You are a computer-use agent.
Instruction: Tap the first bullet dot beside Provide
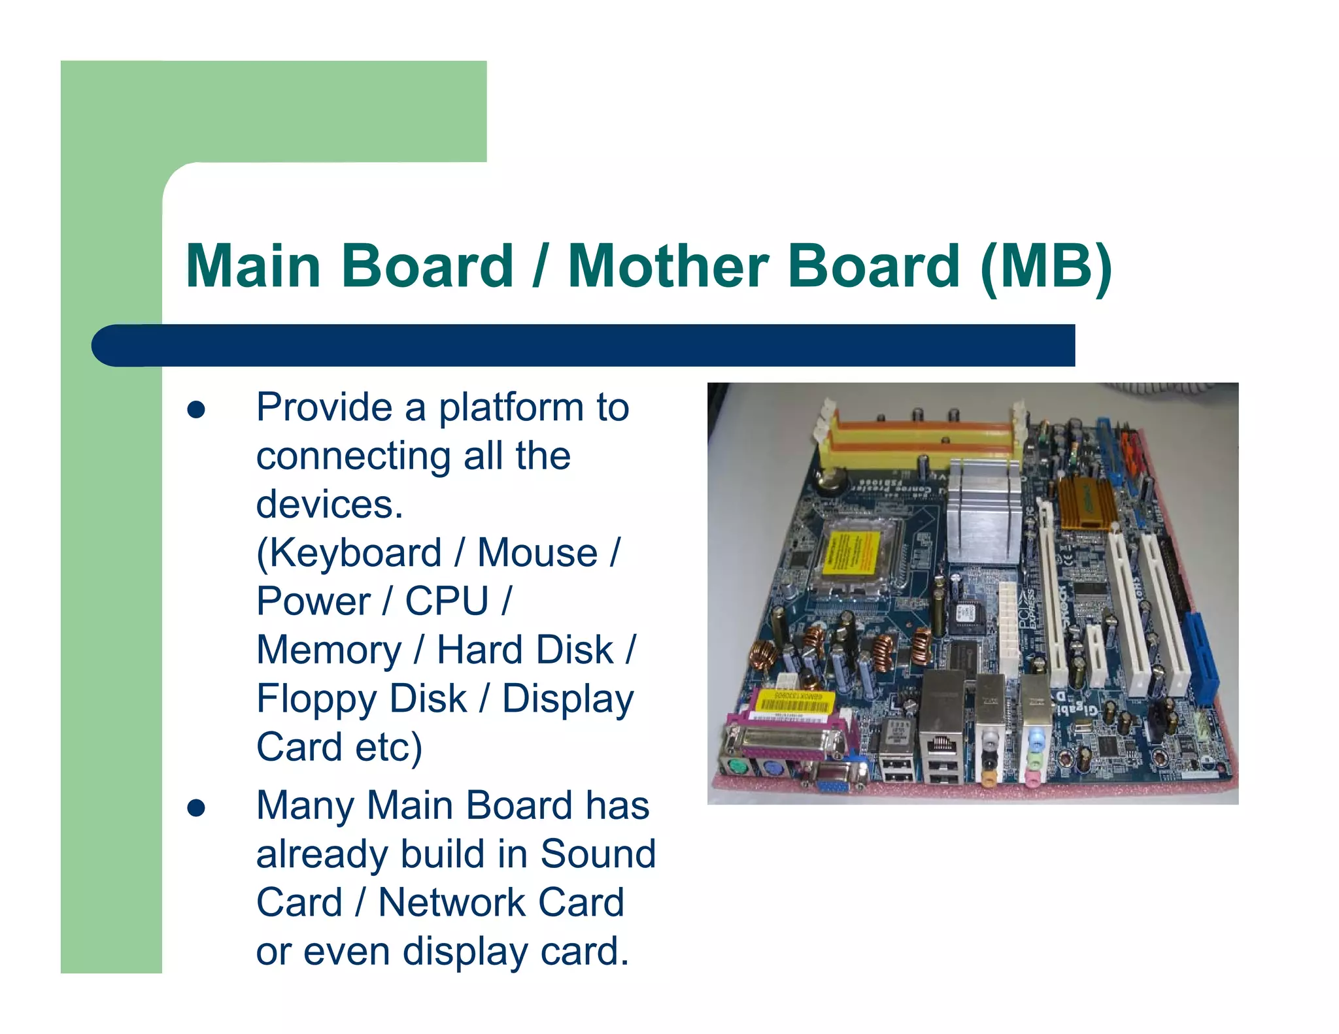(196, 410)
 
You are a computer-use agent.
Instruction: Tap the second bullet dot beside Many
(196, 809)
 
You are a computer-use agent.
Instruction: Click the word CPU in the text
(447, 601)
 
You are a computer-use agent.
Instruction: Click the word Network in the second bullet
(452, 903)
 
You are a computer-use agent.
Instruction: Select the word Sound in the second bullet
(598, 854)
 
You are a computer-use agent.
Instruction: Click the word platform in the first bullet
(511, 408)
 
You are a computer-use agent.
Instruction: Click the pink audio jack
(1031, 778)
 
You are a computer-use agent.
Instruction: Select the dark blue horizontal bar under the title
(582, 345)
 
